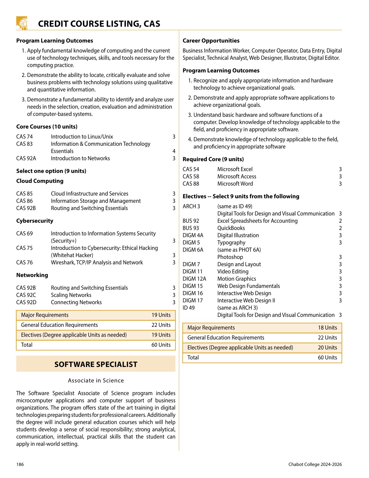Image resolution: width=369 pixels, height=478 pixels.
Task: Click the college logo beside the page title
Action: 22,23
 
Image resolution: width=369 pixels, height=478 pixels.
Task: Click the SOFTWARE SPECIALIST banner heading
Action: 96,364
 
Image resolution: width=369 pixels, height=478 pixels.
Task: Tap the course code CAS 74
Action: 24,137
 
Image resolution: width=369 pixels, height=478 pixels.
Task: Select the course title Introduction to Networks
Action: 80,158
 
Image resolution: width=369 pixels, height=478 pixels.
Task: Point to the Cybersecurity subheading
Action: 35,221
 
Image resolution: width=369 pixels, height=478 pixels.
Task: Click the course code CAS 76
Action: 24,263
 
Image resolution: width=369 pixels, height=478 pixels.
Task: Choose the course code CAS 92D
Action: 26,302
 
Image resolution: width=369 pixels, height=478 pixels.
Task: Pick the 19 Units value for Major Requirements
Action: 161,315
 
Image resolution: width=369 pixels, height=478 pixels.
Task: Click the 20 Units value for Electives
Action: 327,348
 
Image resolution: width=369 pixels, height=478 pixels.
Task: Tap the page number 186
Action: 20,464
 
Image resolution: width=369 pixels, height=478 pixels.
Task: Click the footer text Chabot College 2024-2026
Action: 315,464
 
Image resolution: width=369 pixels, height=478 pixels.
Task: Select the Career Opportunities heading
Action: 211,41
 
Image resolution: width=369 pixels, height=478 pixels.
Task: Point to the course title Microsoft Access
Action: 237,177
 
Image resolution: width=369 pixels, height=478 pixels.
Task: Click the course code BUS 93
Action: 191,228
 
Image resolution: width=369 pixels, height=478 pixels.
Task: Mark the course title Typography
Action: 231,243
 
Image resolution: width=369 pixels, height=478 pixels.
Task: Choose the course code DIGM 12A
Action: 194,279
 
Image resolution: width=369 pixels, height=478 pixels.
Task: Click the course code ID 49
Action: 189,308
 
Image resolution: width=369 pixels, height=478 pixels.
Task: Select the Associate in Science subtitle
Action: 96,381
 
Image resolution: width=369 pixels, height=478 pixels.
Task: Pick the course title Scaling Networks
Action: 71,295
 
